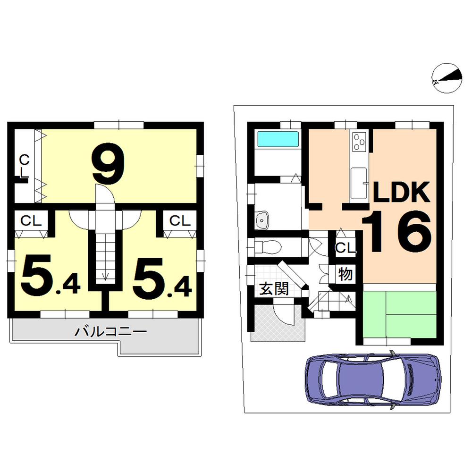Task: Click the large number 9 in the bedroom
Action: tap(109, 164)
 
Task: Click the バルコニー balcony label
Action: tap(111, 331)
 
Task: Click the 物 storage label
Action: tap(346, 274)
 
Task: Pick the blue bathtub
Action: tap(278, 140)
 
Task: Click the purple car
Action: tap(373, 379)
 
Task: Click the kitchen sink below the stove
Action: tap(359, 182)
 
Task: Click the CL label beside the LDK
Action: tap(345, 248)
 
